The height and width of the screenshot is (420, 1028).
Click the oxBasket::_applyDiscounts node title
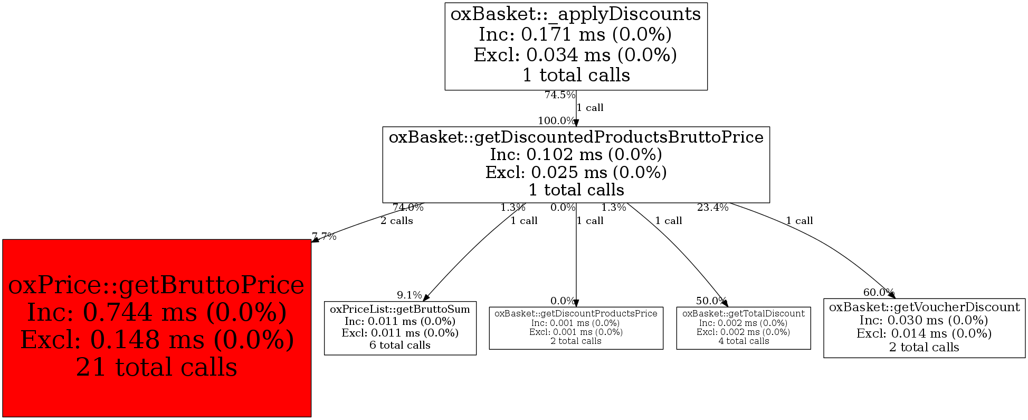click(576, 14)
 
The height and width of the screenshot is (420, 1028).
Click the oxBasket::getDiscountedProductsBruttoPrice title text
click(576, 137)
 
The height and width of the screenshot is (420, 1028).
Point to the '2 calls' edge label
click(397, 221)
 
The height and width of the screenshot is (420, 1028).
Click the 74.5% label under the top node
click(559, 95)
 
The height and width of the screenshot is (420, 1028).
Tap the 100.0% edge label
click(556, 120)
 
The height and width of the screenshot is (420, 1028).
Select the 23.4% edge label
click(712, 208)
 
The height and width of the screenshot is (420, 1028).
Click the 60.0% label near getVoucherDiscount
click(878, 292)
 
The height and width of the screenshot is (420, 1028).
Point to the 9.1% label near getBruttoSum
click(410, 295)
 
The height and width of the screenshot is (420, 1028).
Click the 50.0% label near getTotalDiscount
click(711, 301)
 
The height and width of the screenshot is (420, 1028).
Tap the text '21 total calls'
click(157, 367)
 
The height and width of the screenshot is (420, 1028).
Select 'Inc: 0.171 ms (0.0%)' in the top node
click(575, 34)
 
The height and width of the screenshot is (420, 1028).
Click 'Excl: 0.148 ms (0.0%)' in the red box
click(157, 340)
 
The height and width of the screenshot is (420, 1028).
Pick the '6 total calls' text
click(400, 346)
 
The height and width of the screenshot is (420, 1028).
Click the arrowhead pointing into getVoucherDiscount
click(892, 295)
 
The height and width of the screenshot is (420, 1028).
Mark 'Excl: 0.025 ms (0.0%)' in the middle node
click(576, 172)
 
